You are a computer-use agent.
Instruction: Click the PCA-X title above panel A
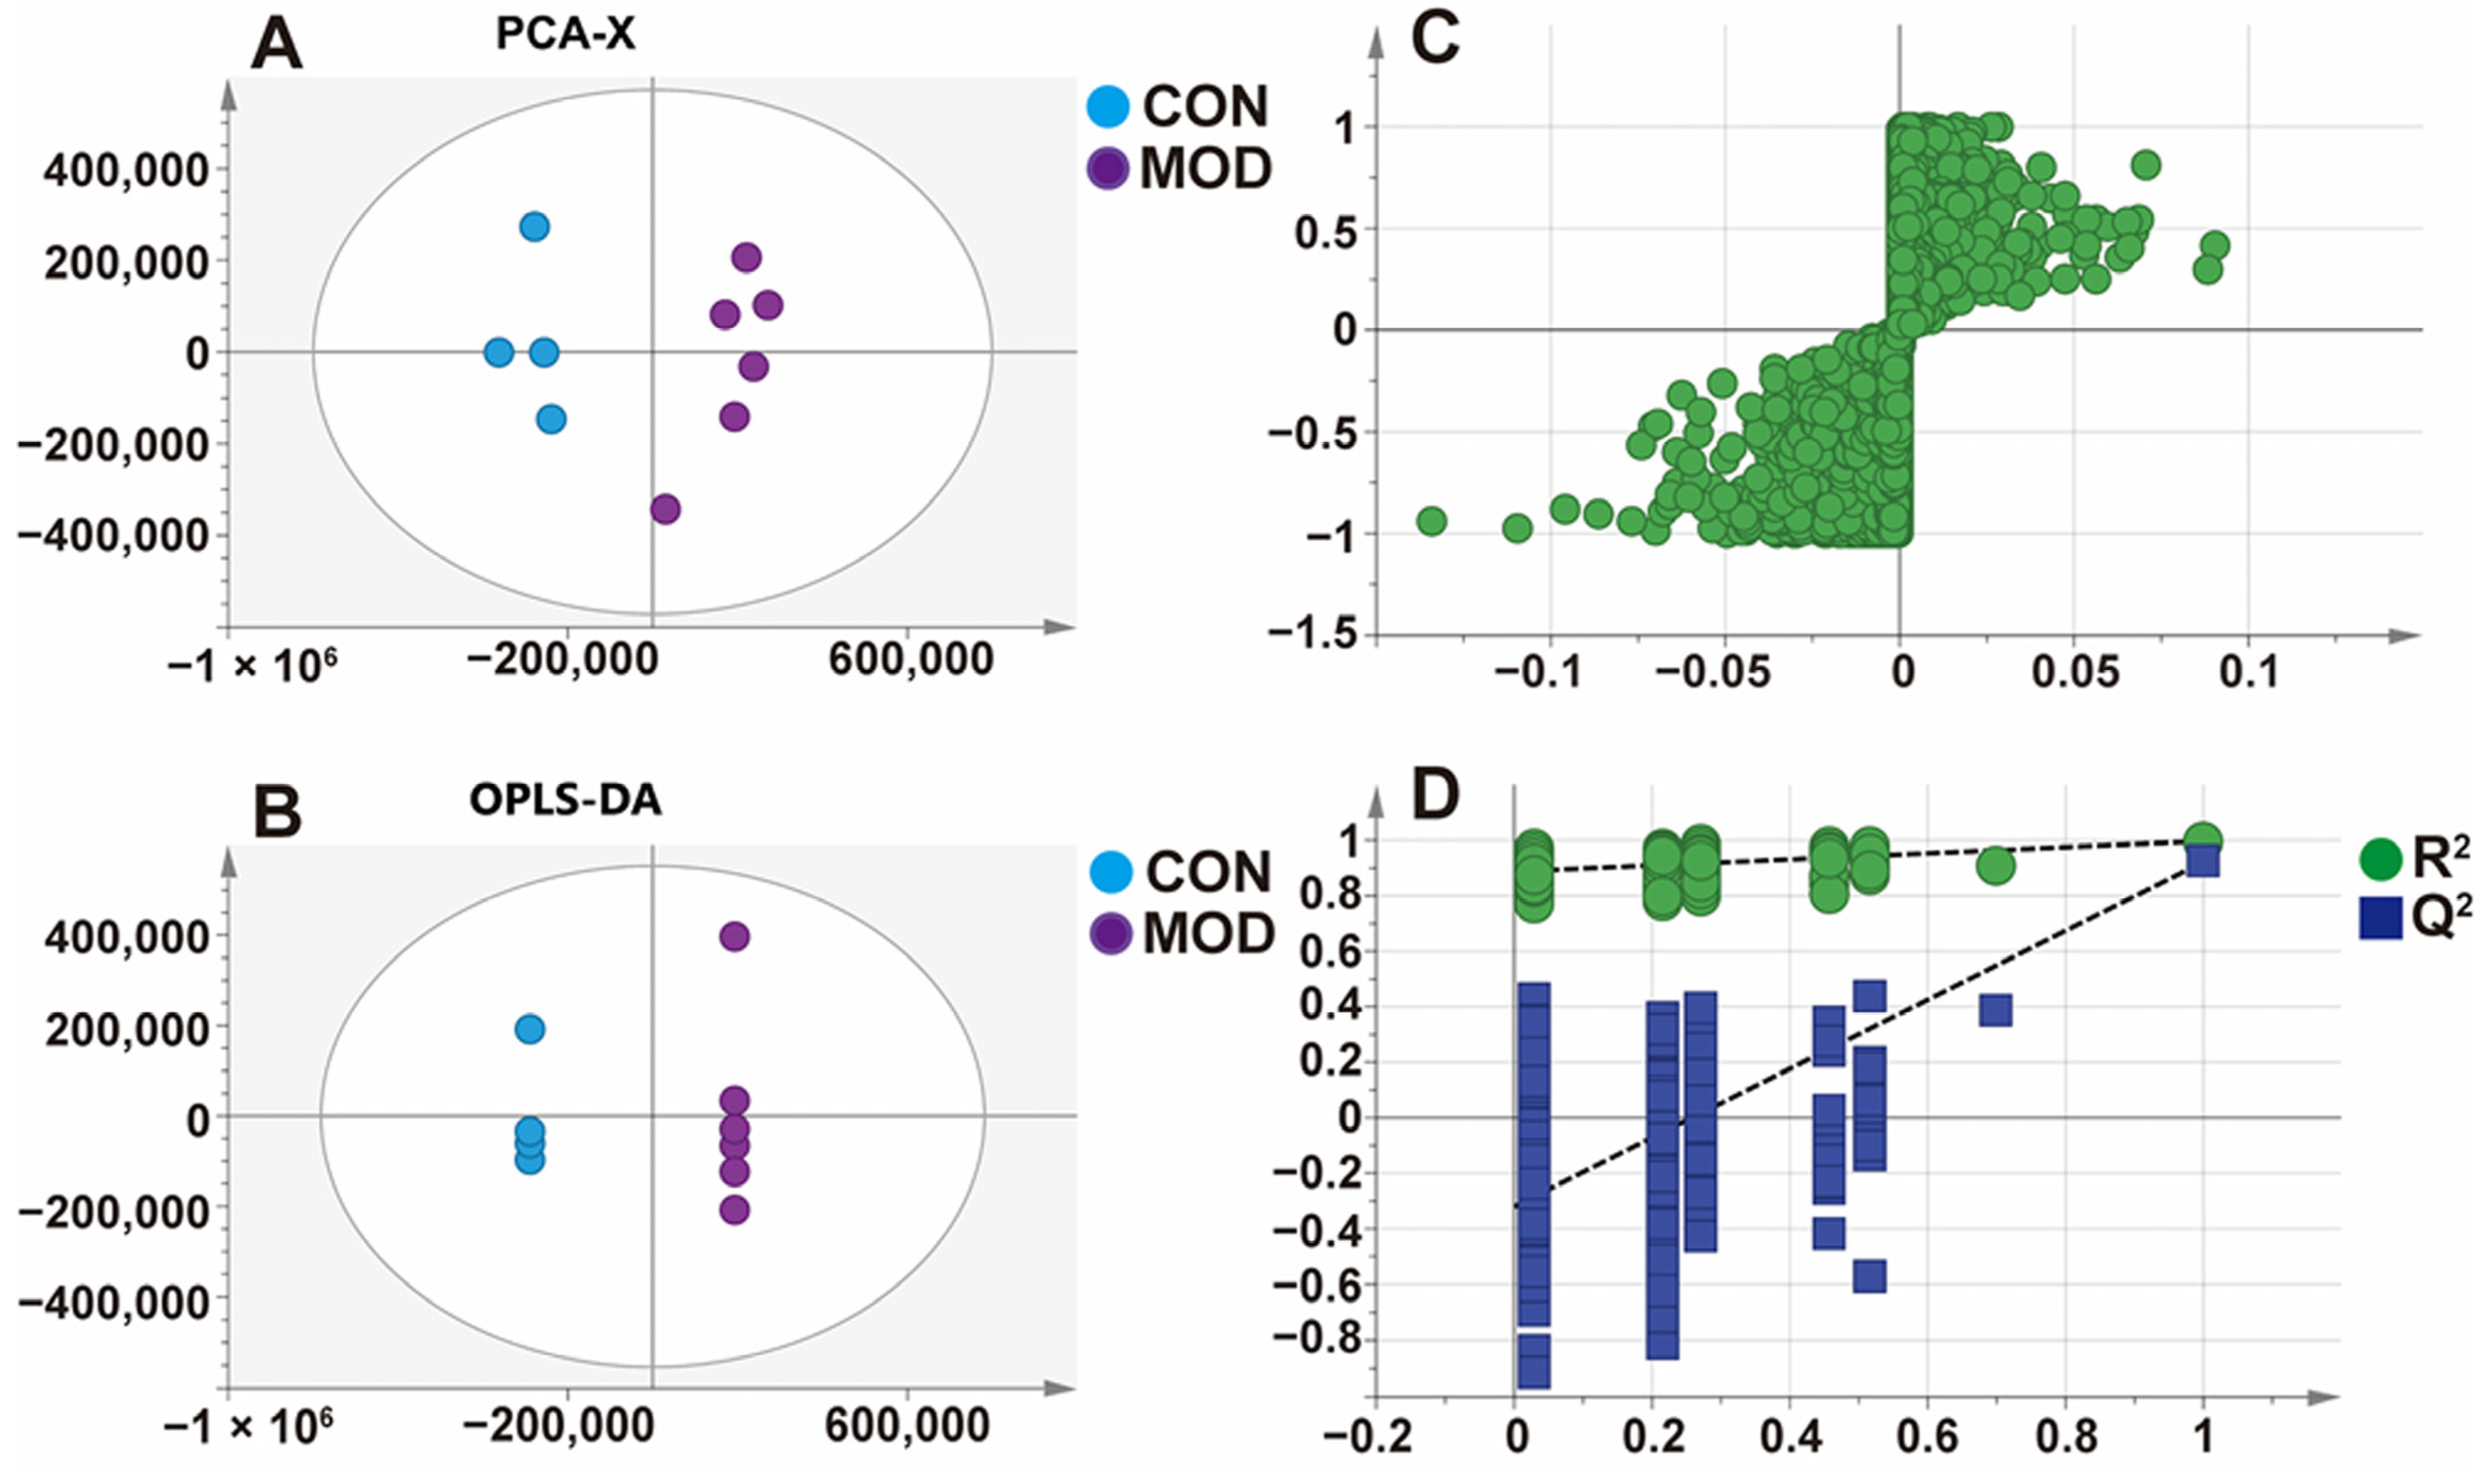(565, 35)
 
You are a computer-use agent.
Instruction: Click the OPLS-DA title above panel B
(565, 800)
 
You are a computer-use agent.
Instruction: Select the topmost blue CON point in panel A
(535, 227)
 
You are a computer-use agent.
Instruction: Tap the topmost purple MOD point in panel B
(733, 936)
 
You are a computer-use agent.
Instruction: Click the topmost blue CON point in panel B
(530, 1029)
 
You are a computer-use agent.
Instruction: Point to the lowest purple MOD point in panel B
(733, 1209)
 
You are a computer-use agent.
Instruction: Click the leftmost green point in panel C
(1431, 521)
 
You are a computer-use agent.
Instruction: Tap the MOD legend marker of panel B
(1111, 934)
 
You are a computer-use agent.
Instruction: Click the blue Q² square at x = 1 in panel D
(2203, 861)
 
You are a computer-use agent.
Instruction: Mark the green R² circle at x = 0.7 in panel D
(1995, 865)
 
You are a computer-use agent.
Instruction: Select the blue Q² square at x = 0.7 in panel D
(1995, 1011)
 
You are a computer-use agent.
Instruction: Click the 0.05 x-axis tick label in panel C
(2076, 673)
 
